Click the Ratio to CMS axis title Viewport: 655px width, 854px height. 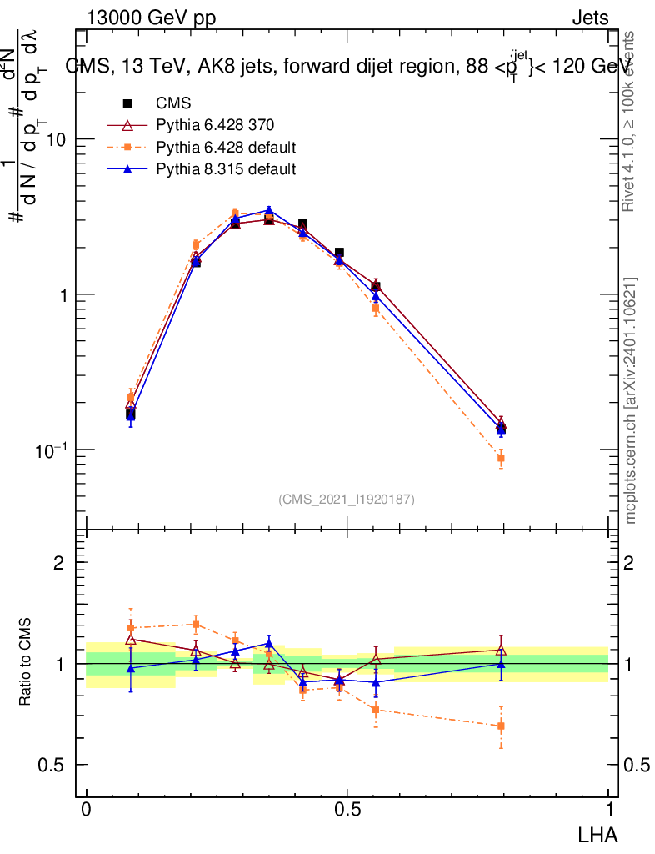[26, 663]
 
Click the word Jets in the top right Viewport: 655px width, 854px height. [590, 18]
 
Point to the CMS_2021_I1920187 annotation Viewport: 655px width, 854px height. [347, 499]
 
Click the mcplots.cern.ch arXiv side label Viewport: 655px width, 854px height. [631, 400]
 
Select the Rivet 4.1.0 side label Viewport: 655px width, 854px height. [631, 121]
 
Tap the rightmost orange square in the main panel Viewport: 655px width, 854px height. [501, 458]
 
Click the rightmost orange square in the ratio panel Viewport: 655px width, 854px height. [501, 726]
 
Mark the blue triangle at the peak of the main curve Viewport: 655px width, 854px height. [269, 210]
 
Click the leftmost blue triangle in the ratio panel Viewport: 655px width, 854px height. [131, 668]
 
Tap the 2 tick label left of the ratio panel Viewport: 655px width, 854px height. [58, 562]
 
